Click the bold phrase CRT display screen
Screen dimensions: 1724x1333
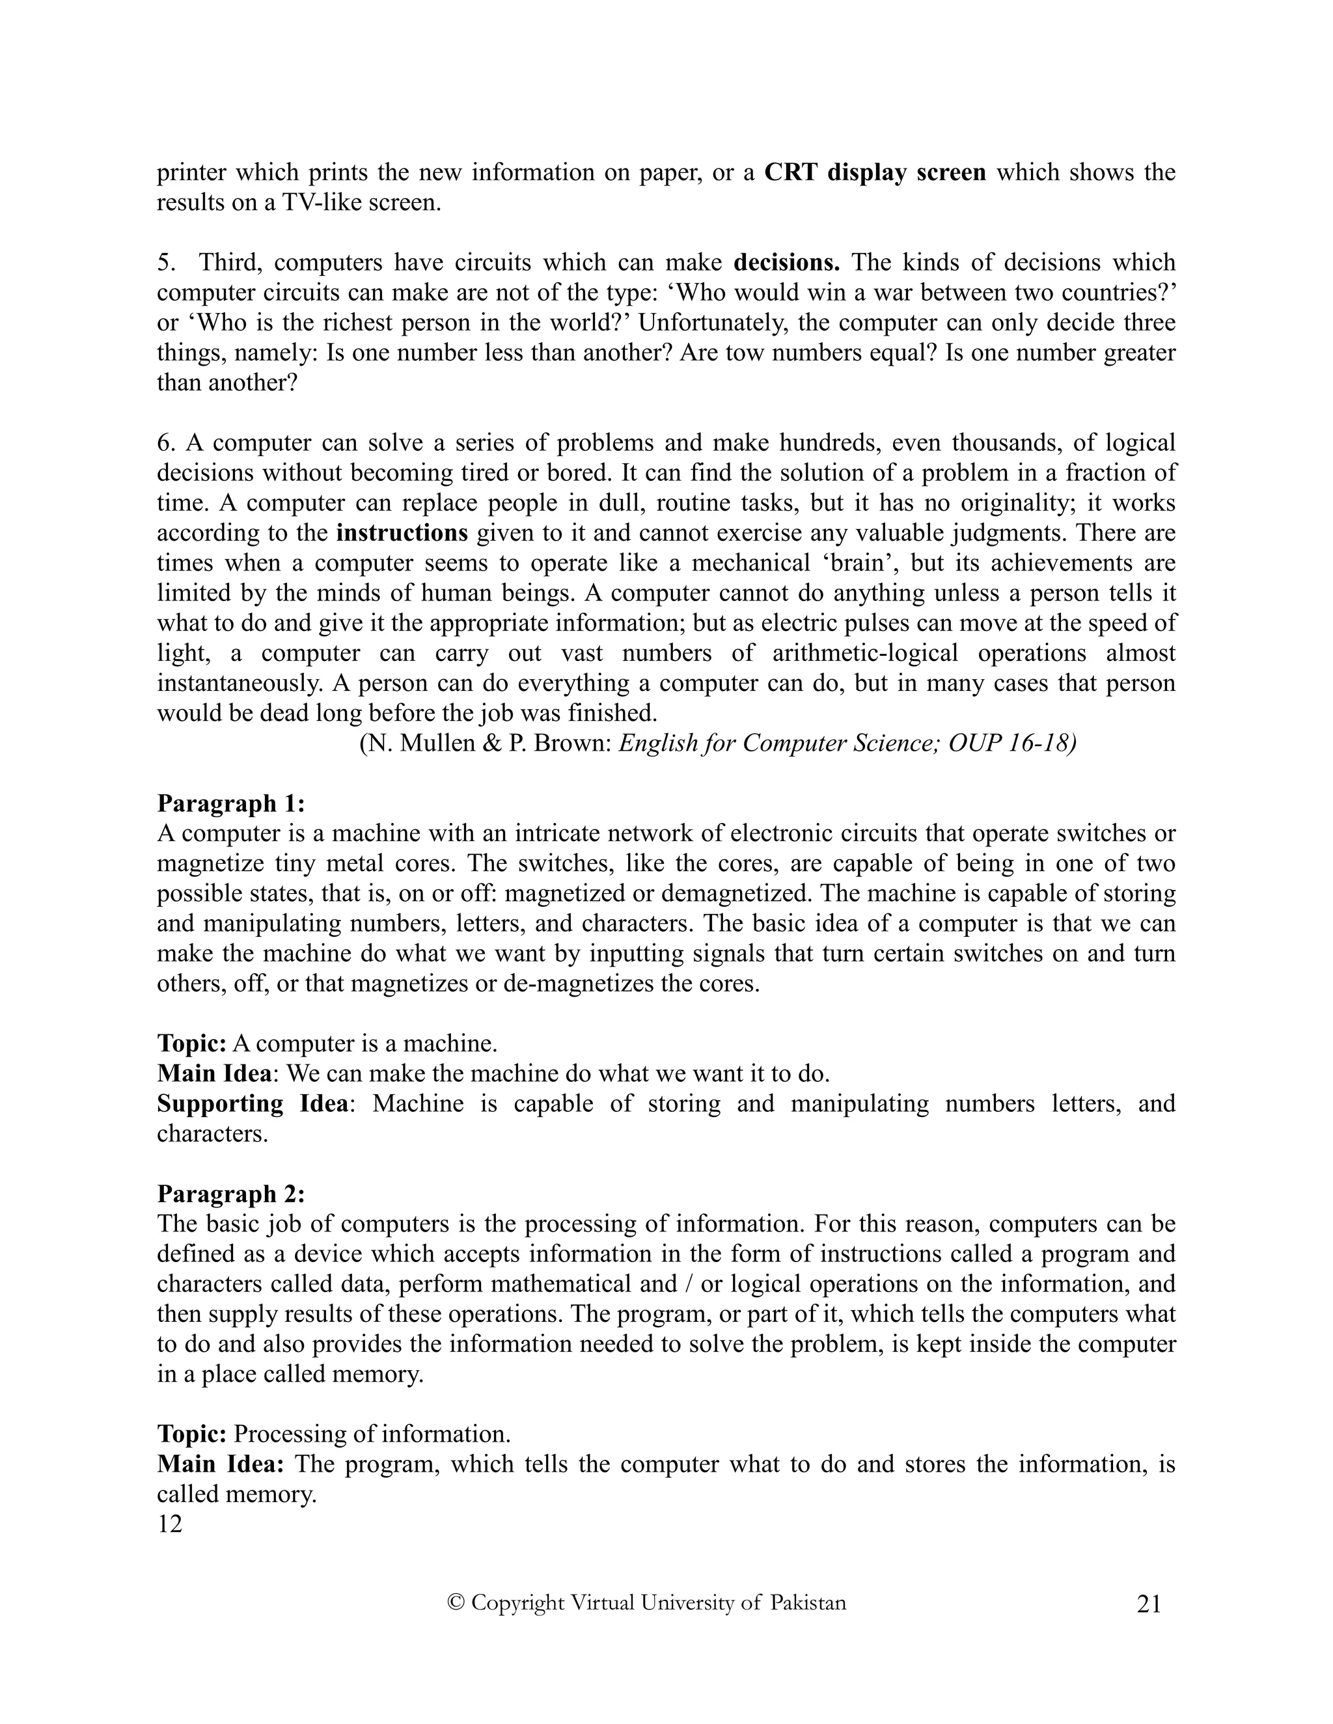(x=875, y=173)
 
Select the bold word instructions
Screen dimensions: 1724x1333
(x=402, y=533)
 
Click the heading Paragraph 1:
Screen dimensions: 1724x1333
(x=230, y=803)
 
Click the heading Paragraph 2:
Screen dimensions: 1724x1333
(x=230, y=1194)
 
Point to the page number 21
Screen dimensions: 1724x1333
(x=1149, y=1605)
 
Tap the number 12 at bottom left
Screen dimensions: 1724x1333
(x=170, y=1524)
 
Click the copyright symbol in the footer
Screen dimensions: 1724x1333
(x=455, y=1603)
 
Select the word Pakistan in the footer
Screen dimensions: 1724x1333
(x=808, y=1603)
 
